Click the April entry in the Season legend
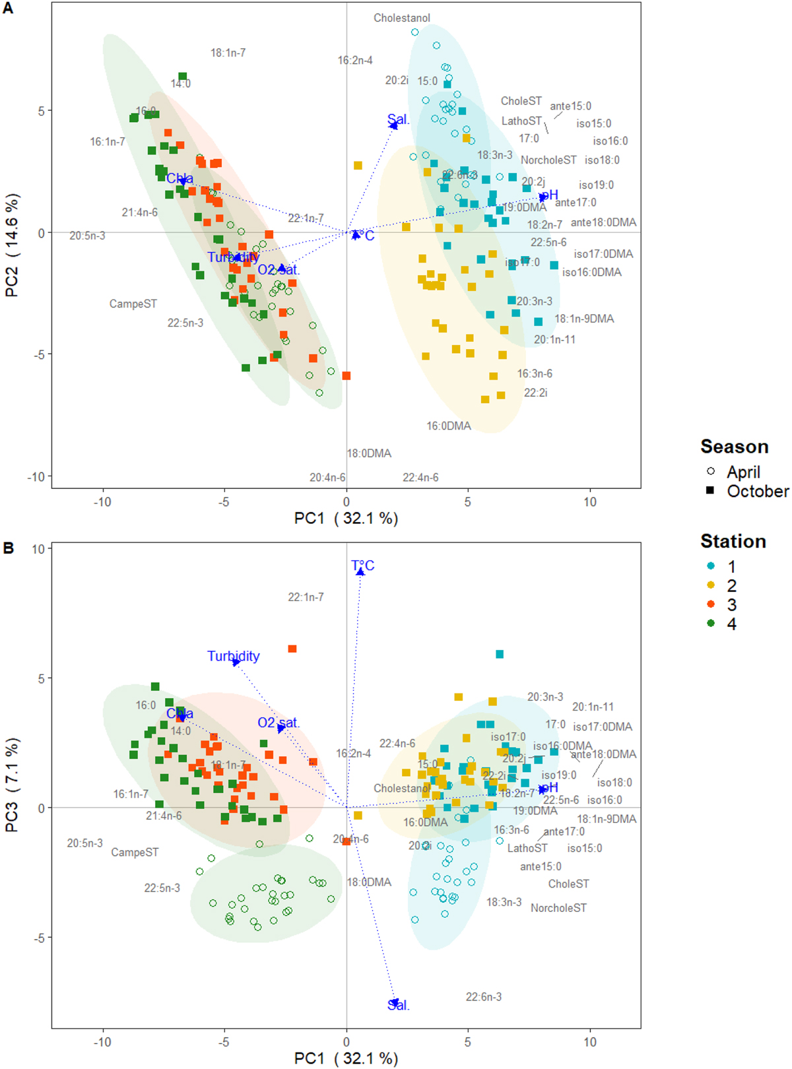742,472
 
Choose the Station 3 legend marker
711,605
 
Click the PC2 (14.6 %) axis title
13,245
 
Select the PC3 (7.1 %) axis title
13,785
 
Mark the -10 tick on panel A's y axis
37,477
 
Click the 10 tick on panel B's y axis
38,549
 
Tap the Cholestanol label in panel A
401,18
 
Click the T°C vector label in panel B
362,566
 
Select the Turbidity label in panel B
233,657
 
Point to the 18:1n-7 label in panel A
228,53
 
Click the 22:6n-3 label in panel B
483,997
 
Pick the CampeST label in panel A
133,304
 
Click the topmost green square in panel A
183,77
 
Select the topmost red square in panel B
292,649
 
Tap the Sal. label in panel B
399,1006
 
